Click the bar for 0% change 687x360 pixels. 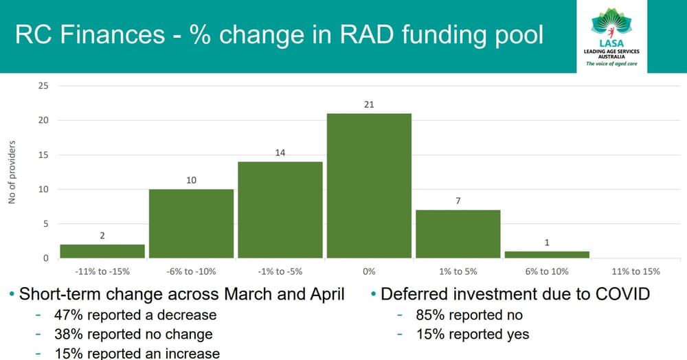tap(369, 185)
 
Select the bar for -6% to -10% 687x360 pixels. tap(192, 223)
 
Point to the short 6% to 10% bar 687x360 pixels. tap(547, 254)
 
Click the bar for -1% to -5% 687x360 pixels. tap(280, 210)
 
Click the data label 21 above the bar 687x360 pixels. tap(369, 104)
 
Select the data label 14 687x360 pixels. tap(280, 153)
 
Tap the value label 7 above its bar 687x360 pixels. tap(458, 201)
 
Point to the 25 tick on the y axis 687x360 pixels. tap(43, 86)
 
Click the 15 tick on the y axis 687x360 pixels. tap(43, 155)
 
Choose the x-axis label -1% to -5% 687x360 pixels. tap(280, 271)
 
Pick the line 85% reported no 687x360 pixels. tap(469, 315)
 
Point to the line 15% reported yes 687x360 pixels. tap(473, 335)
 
